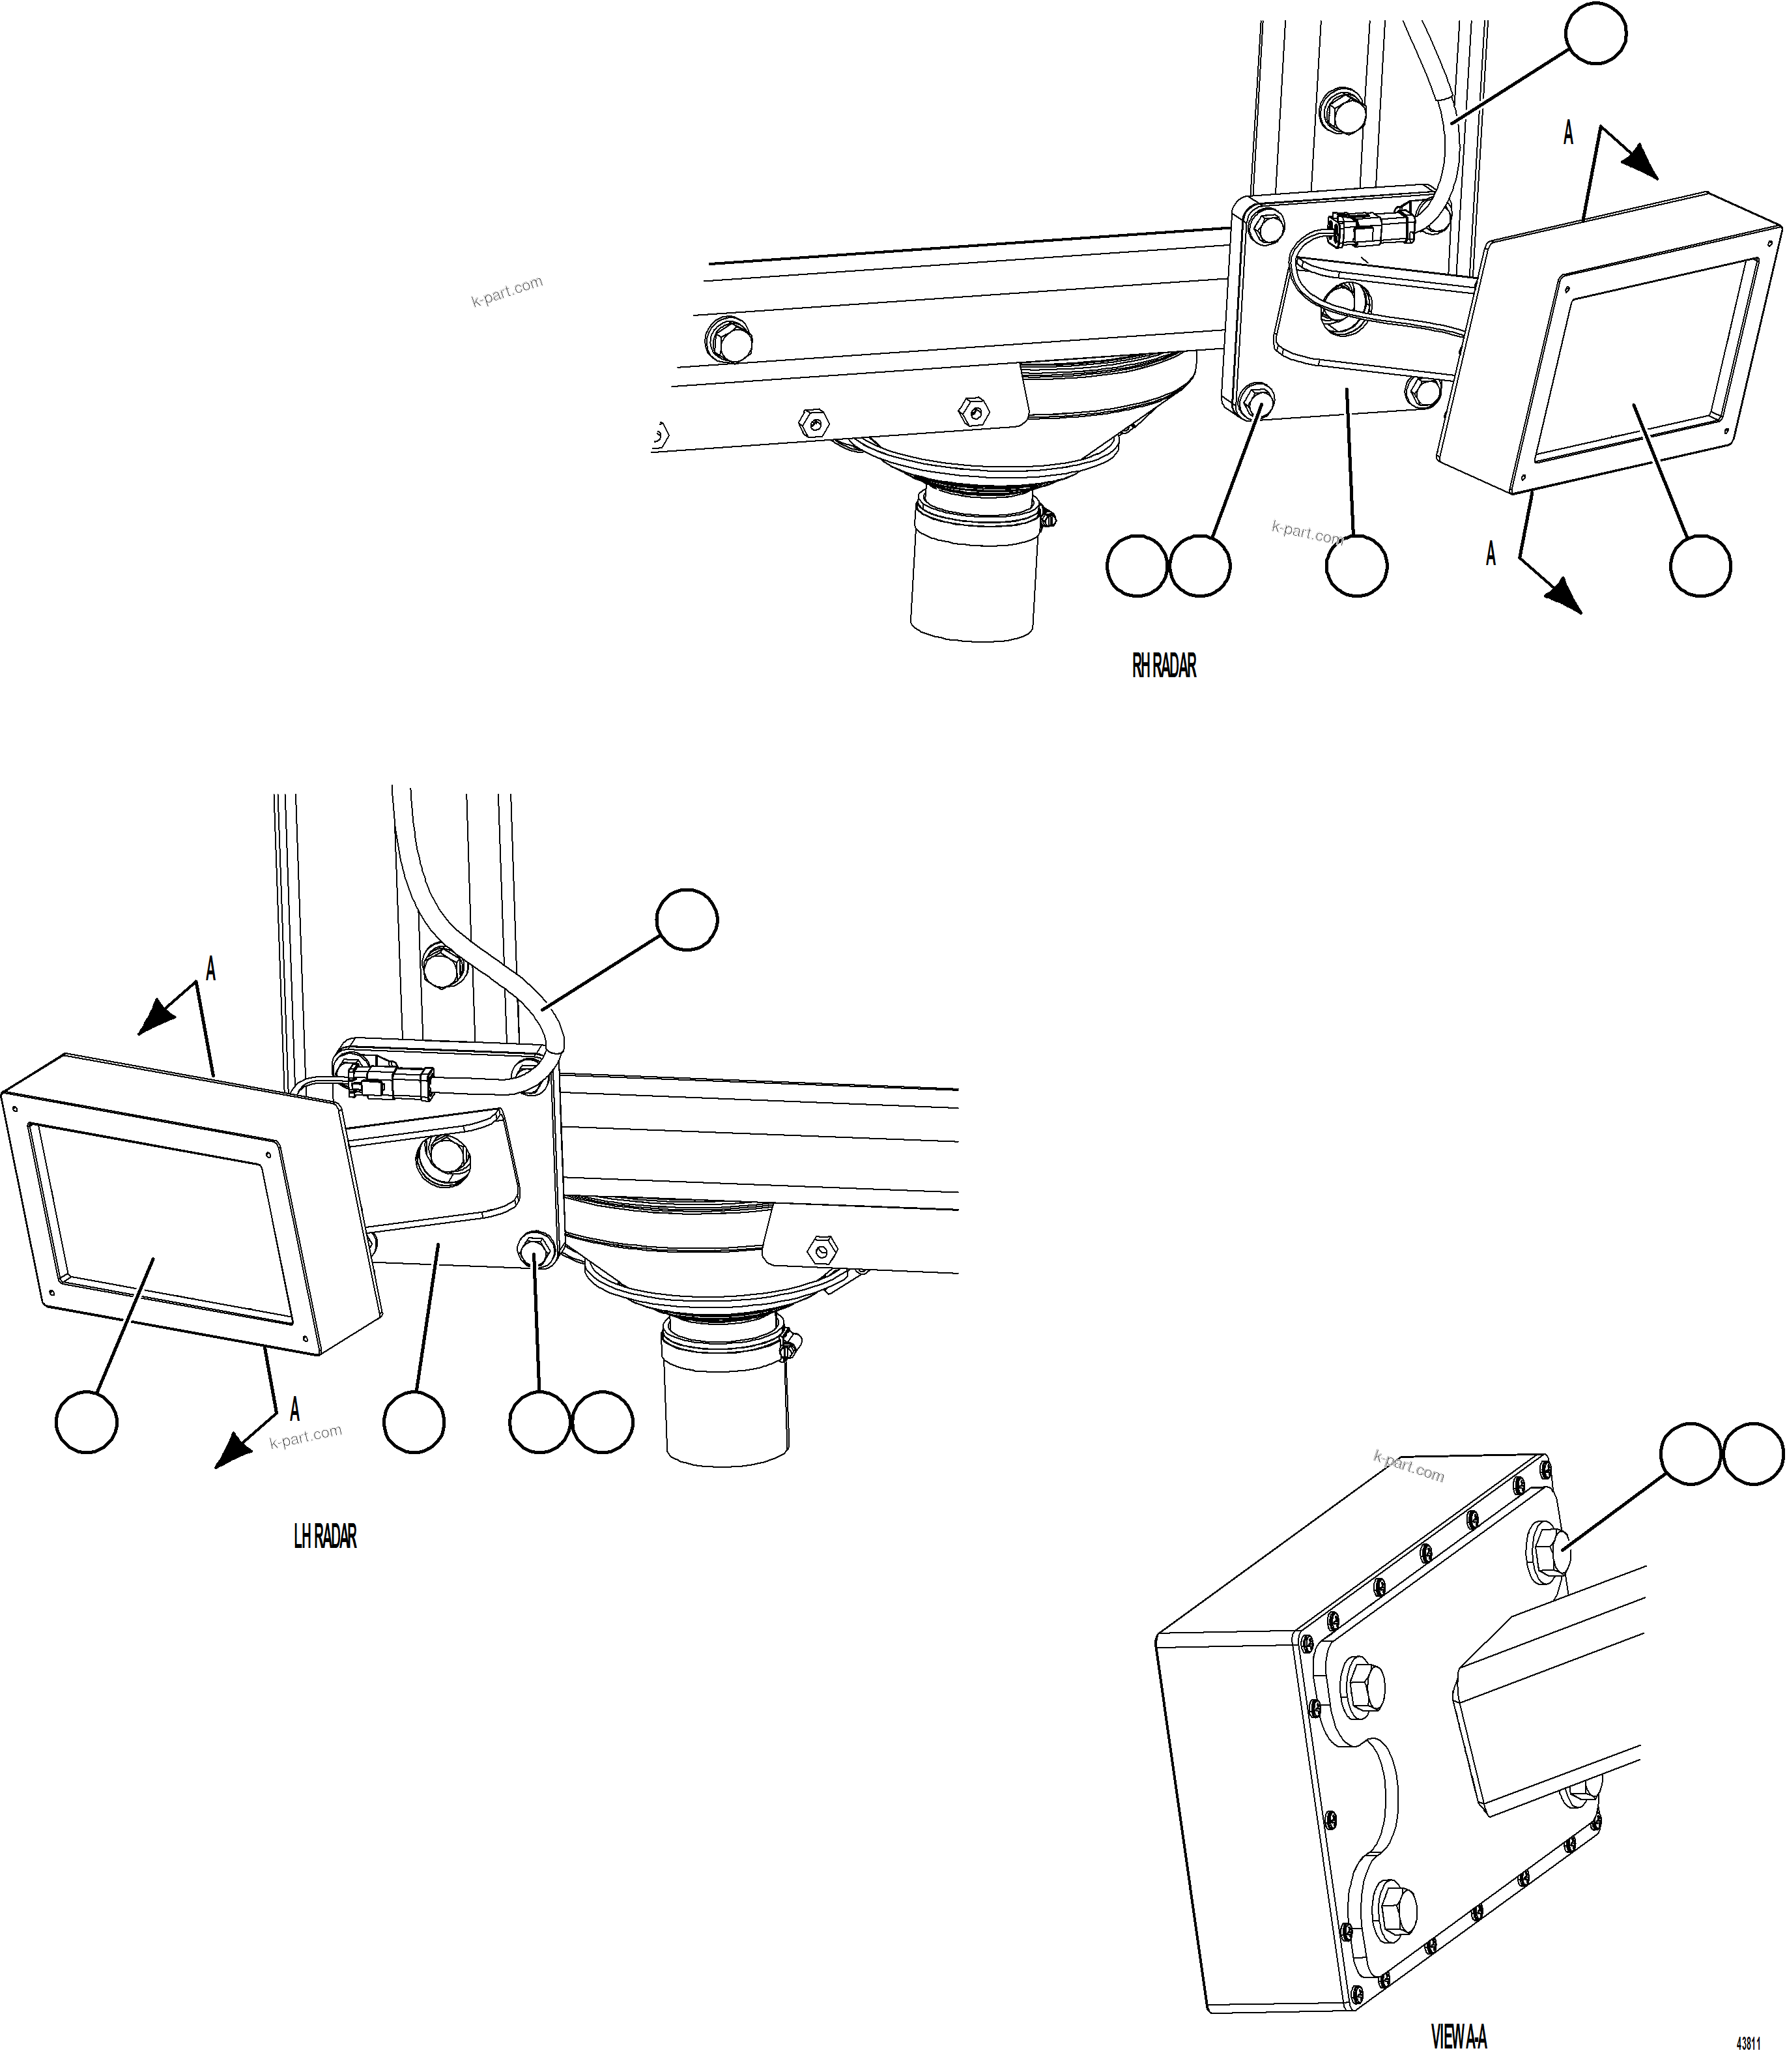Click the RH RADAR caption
pos(1164,666)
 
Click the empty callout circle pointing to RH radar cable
pos(1595,34)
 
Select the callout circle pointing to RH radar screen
pos(1700,566)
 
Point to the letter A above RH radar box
pos(1567,133)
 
